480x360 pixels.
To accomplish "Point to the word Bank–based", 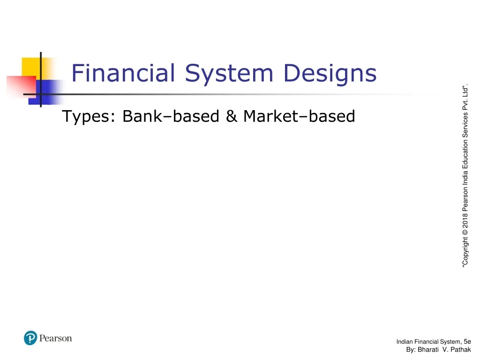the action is coord(171,116).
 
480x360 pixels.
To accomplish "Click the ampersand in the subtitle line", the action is coord(232,116).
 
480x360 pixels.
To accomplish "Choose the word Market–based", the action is coord(300,116).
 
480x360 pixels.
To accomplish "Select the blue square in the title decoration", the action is coord(45,92).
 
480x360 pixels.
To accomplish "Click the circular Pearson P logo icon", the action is coord(30,338).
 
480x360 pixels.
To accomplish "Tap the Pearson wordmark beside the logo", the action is coord(55,338).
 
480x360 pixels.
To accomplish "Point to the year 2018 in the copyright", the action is coord(465,221).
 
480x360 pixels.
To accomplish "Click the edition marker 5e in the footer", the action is coord(467,342).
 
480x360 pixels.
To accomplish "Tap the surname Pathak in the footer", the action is coord(461,350).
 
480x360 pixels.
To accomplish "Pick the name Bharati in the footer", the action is coord(428,350).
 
